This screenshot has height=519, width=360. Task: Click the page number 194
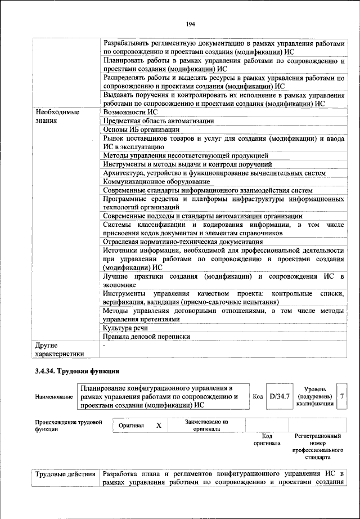coord(190,24)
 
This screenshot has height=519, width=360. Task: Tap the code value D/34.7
coord(280,396)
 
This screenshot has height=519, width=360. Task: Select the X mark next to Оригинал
coord(159,426)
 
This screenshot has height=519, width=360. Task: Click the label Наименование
coord(54,397)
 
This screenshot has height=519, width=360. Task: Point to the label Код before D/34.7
coord(258,396)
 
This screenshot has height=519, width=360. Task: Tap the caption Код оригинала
coord(267,439)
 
